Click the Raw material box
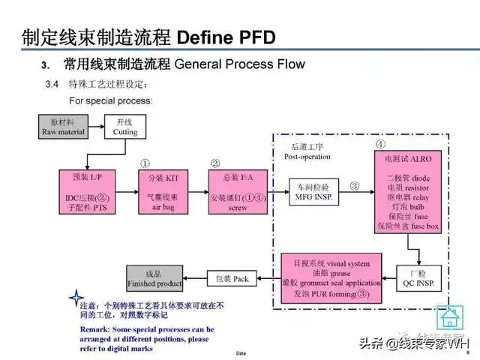pos(64,127)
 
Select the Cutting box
pos(125,127)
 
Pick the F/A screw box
pos(237,191)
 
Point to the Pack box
pos(232,279)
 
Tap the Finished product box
pos(155,279)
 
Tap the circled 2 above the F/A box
pos(215,163)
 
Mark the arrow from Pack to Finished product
pos(194,279)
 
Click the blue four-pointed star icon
pos(76,297)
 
